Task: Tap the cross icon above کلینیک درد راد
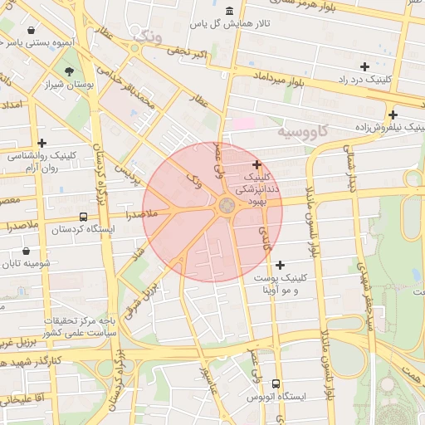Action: tap(364, 66)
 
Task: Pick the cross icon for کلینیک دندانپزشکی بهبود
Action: tap(256, 164)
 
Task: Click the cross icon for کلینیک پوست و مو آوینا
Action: tap(280, 264)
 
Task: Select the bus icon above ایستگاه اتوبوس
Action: tap(276, 383)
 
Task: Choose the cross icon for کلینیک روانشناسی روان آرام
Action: tap(42, 143)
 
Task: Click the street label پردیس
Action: tap(125, 173)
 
